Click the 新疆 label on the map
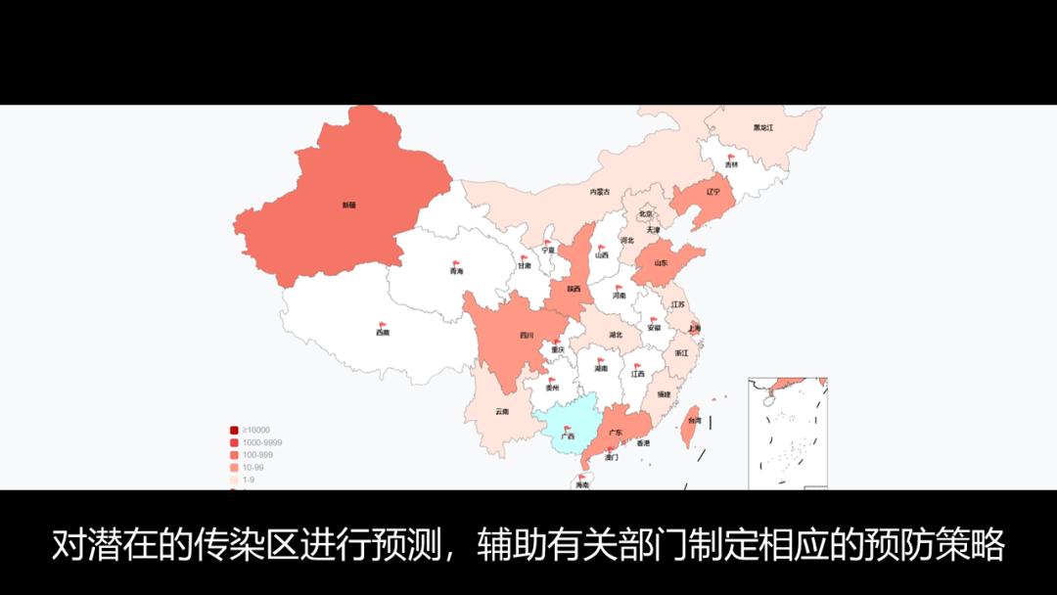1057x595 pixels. (348, 206)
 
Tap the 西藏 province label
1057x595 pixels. (382, 333)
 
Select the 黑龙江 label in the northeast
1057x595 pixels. (763, 128)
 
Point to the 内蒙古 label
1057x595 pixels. (600, 193)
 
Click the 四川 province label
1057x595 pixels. (527, 336)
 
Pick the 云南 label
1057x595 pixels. (502, 412)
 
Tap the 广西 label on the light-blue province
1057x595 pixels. (568, 436)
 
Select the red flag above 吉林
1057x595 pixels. (732, 157)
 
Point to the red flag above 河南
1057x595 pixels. (620, 287)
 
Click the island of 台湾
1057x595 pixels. (690, 415)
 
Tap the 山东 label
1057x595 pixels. (662, 263)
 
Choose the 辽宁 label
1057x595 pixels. (713, 193)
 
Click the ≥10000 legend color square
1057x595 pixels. (234, 431)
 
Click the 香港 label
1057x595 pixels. (643, 444)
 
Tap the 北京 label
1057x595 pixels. (645, 213)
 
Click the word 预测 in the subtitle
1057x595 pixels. (412, 545)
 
